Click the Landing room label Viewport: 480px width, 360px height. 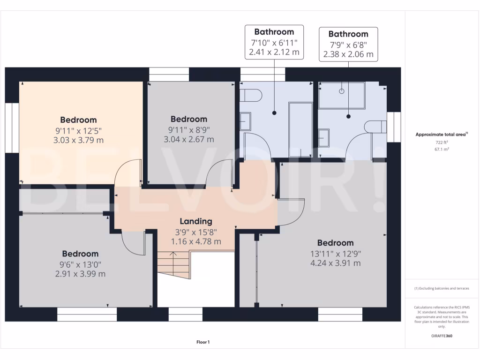[196, 221]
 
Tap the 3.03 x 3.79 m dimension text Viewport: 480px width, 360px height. [78, 140]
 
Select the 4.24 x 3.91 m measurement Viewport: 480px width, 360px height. [336, 263]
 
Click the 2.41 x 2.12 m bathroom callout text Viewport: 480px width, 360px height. [274, 52]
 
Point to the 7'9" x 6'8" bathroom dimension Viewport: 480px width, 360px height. [348, 45]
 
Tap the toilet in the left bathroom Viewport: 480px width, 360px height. [251, 96]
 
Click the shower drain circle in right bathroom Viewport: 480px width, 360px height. [342, 91]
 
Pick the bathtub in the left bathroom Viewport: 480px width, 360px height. [300, 130]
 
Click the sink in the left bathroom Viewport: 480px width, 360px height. [245, 121]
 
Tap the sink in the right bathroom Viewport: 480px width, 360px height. [324, 138]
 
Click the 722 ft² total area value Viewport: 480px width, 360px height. [442, 142]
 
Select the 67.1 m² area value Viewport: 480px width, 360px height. [442, 150]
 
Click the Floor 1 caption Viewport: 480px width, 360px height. [203, 342]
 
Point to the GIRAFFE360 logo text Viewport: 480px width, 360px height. [442, 336]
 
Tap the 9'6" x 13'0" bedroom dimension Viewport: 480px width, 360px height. [80, 264]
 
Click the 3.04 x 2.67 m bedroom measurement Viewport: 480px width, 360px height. [189, 139]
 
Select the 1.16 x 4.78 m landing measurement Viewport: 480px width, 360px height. [196, 241]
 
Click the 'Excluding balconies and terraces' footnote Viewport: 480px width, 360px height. [442, 288]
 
